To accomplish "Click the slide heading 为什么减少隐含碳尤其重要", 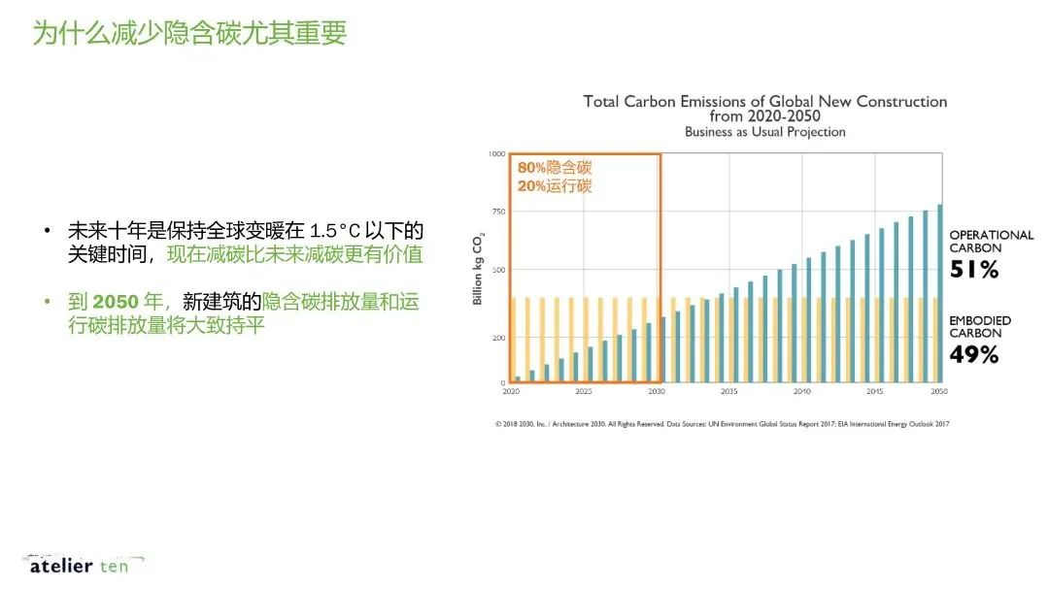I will click(189, 33).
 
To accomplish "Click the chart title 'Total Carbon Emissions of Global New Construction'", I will click(764, 101).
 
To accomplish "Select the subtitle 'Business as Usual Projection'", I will click(764, 132).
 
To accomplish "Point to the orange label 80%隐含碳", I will click(555, 168).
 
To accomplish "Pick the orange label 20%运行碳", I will click(555, 186).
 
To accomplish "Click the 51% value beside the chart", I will click(974, 271).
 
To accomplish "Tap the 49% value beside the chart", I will click(974, 355).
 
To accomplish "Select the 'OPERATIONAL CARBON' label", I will click(991, 242).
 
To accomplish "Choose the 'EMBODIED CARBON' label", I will click(980, 327).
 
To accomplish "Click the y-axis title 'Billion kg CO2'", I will click(478, 268).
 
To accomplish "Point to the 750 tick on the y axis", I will click(497, 213).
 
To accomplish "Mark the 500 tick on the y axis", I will click(497, 270).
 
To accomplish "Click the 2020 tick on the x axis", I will click(511, 392).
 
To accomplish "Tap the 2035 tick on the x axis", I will click(728, 392).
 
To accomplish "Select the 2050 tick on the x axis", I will click(939, 392).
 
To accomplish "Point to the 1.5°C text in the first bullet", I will click(334, 232).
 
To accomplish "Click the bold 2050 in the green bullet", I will click(116, 302).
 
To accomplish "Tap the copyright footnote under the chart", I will click(722, 424).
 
